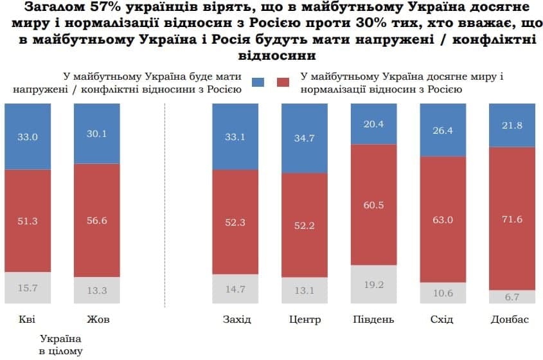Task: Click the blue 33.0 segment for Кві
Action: pos(28,136)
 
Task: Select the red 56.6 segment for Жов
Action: pos(97,221)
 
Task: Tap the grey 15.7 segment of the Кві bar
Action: pos(28,288)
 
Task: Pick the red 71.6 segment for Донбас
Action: pos(513,219)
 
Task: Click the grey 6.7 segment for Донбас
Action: pos(513,296)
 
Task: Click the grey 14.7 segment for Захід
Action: pos(236,289)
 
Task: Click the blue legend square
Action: pos(258,83)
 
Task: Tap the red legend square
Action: pos(283,83)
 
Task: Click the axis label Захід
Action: pos(236,319)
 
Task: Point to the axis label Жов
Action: pos(96,319)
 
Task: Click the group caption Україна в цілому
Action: pos(61,344)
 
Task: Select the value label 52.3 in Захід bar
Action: pos(236,222)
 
